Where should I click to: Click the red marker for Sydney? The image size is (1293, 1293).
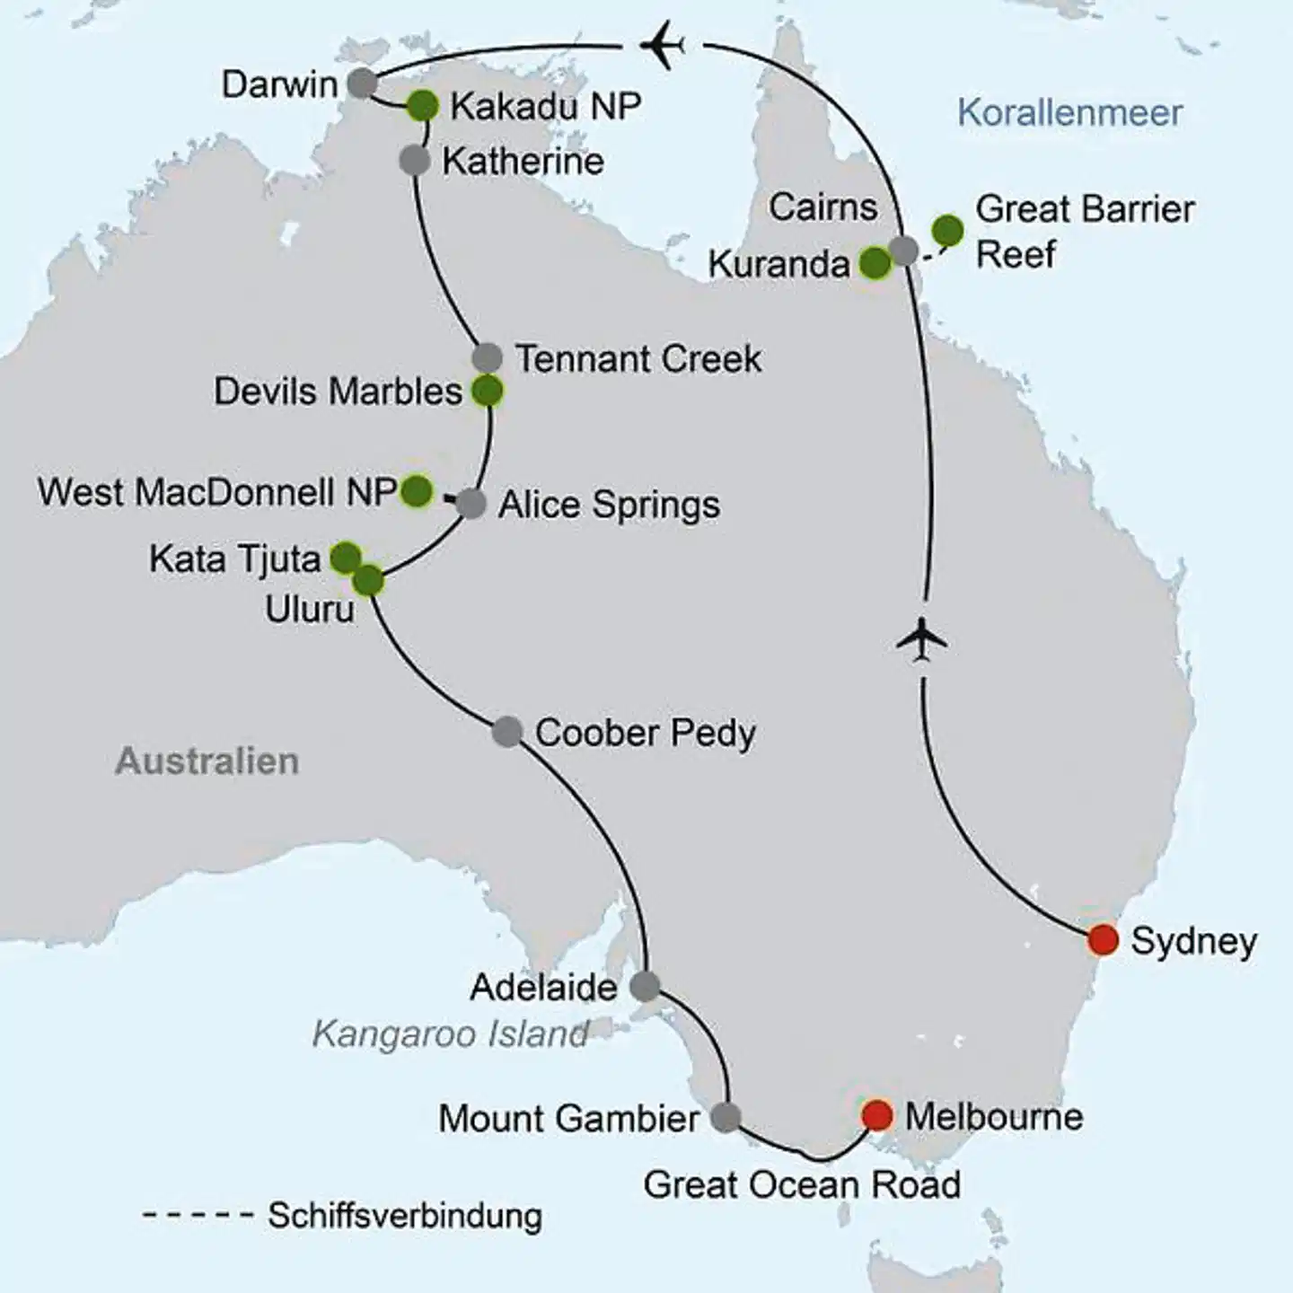click(x=1103, y=940)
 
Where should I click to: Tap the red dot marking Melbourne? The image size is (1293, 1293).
click(x=876, y=1115)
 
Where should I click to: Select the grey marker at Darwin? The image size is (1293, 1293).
click(x=361, y=84)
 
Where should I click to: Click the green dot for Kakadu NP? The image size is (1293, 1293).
click(x=422, y=106)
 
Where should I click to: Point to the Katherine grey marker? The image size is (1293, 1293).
click(x=414, y=161)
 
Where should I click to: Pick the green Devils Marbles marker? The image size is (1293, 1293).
click(x=488, y=391)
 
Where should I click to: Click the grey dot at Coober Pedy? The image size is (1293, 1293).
click(x=507, y=732)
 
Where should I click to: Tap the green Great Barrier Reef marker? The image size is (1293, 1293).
click(x=947, y=231)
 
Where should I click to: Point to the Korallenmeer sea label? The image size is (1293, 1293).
click(x=1069, y=113)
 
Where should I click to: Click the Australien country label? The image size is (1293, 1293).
click(x=207, y=761)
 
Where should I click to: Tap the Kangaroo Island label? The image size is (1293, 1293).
click(x=450, y=1034)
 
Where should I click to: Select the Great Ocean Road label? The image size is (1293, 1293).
click(x=802, y=1185)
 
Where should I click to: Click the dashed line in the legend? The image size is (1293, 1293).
click(x=198, y=1217)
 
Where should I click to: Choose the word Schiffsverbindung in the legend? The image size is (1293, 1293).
click(x=405, y=1216)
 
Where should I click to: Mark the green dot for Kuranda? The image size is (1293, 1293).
click(x=875, y=263)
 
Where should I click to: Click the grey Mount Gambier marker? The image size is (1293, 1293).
click(x=726, y=1118)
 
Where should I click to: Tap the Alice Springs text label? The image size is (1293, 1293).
click(x=609, y=505)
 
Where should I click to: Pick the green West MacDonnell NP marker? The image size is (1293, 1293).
click(x=416, y=491)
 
